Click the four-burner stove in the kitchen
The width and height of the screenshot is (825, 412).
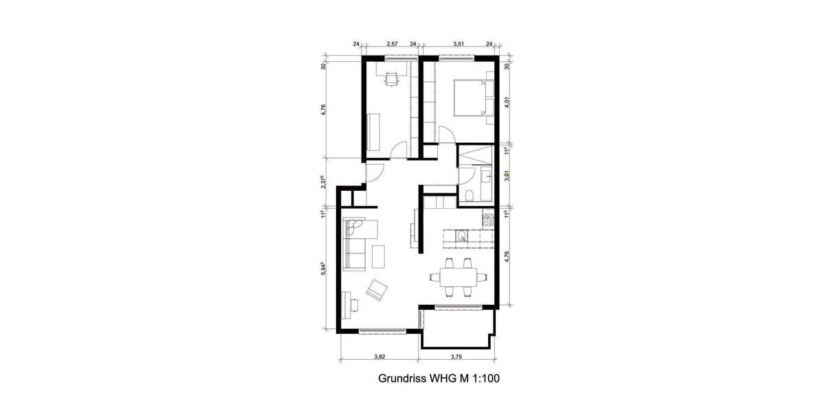click(x=489, y=221)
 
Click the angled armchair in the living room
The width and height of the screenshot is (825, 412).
click(x=376, y=290)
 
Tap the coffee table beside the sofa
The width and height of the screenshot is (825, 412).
click(x=379, y=256)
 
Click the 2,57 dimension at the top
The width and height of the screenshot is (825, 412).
click(x=393, y=44)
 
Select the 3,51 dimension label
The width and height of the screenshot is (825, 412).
click(x=459, y=44)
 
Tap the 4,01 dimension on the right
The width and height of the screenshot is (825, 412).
click(x=507, y=103)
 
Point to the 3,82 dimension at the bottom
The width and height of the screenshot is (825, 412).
click(x=379, y=356)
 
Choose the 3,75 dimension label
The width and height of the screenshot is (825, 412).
click(x=456, y=356)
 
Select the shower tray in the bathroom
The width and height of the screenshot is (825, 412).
click(x=474, y=154)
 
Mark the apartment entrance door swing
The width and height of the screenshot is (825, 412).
click(x=372, y=175)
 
